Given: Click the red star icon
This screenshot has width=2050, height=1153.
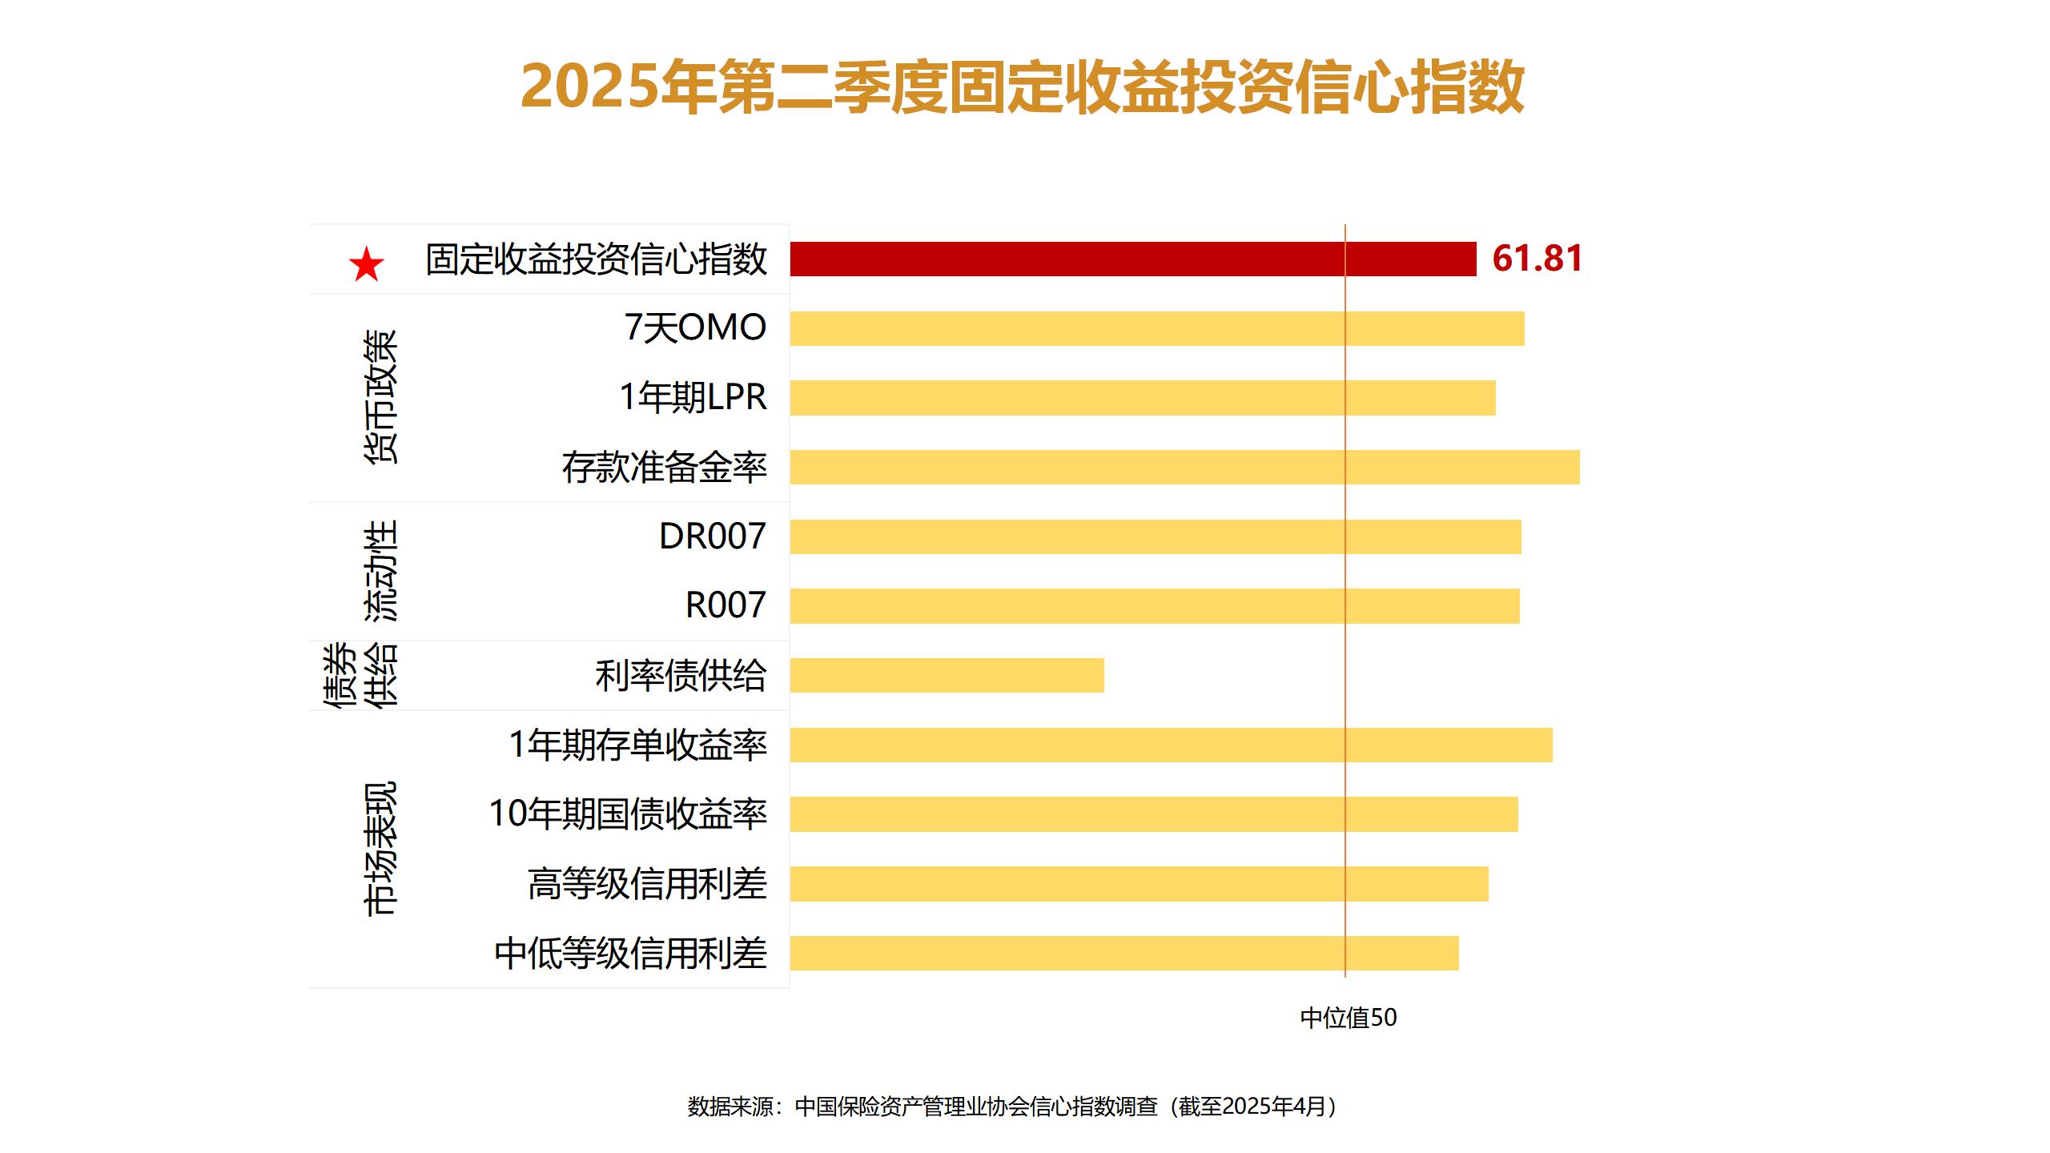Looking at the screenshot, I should click(x=367, y=264).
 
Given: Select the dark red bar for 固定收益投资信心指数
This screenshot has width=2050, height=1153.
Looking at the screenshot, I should click(x=1132, y=259).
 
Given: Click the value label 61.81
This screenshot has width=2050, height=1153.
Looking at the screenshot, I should click(x=1537, y=259).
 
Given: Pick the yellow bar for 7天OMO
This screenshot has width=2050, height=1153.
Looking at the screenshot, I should click(x=1156, y=329).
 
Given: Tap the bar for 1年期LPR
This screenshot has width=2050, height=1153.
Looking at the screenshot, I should click(x=1142, y=398).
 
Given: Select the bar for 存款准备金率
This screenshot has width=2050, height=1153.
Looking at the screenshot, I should click(x=1184, y=468).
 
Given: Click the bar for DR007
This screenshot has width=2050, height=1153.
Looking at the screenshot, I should click(x=1155, y=536).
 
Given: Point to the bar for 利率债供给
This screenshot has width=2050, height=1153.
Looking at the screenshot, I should click(x=947, y=675).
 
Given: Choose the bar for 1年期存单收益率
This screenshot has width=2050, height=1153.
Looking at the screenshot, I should click(x=1171, y=745).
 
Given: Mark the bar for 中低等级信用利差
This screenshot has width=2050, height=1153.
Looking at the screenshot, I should click(x=1123, y=953).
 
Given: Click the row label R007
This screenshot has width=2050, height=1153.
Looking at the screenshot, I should click(x=726, y=605).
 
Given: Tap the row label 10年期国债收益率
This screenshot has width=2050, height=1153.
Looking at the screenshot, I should click(x=628, y=814).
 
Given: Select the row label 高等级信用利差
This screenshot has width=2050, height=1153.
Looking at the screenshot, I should click(x=647, y=884).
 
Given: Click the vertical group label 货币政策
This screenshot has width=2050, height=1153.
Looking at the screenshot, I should click(x=380, y=397).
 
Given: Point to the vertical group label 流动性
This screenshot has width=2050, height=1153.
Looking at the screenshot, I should click(x=380, y=571).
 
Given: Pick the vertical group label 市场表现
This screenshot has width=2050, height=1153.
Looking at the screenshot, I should click(x=380, y=849).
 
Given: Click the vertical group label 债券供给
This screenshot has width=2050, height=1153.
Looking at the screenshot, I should click(x=360, y=675).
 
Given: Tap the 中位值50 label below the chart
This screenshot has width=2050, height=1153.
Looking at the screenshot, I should click(x=1348, y=1018).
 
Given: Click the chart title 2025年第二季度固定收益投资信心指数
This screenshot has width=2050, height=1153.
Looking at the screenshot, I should click(x=1023, y=86).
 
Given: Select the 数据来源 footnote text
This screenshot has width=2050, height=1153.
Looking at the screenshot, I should click(x=1012, y=1107).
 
